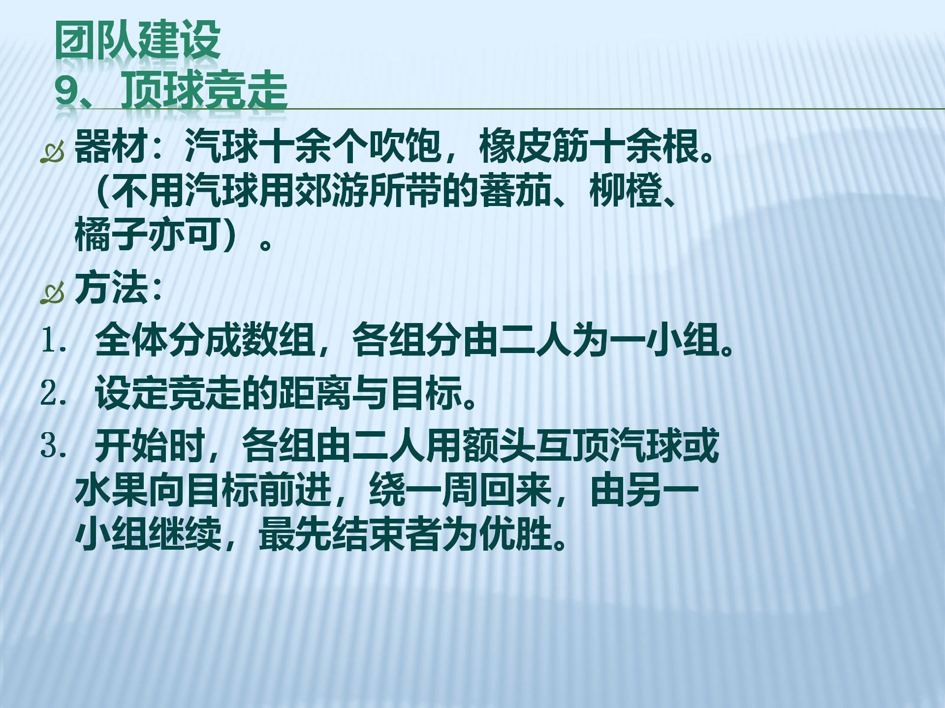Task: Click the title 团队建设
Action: pyautogui.click(x=137, y=40)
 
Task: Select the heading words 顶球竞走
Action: pyautogui.click(x=204, y=90)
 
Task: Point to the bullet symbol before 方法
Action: pyautogui.click(x=53, y=293)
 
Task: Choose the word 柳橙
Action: pyautogui.click(x=626, y=190)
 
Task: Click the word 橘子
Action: pyautogui.click(x=111, y=235)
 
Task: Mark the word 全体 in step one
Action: pyautogui.click(x=131, y=340)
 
